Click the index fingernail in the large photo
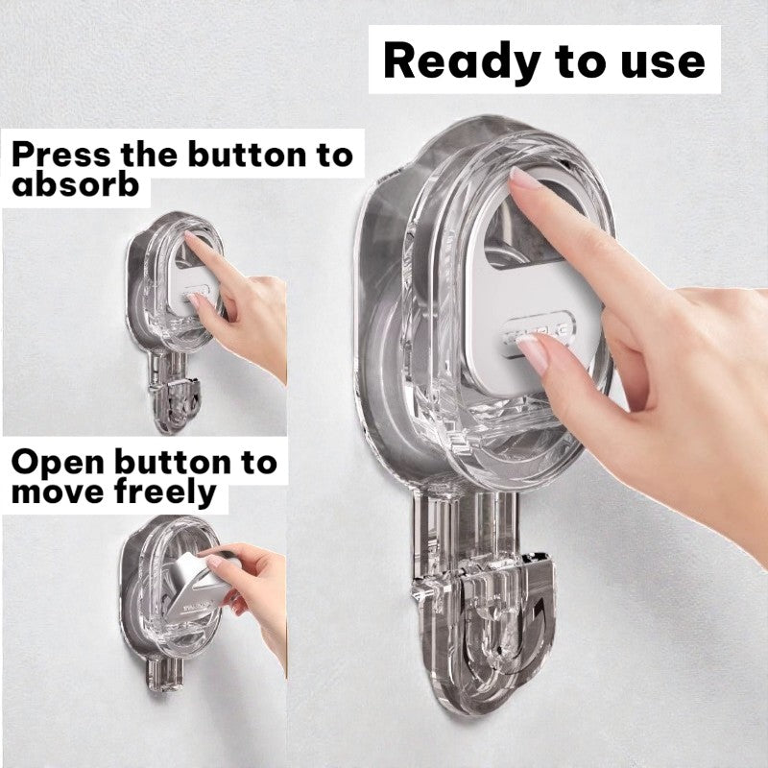click(x=527, y=180)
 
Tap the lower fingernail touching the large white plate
click(x=531, y=352)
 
